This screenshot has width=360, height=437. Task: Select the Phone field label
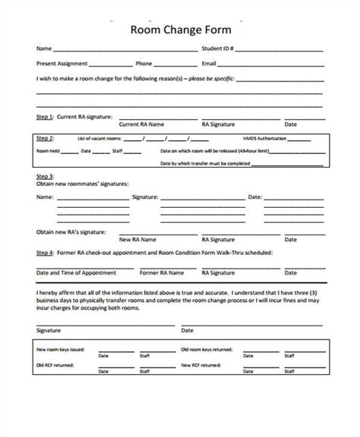(x=144, y=64)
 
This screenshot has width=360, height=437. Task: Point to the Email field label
(x=209, y=64)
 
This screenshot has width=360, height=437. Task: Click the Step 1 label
(x=45, y=117)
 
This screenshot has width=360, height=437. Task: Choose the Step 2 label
(x=45, y=139)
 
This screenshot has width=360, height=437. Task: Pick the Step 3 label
(x=45, y=176)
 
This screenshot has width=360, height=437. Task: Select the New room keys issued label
(x=62, y=350)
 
